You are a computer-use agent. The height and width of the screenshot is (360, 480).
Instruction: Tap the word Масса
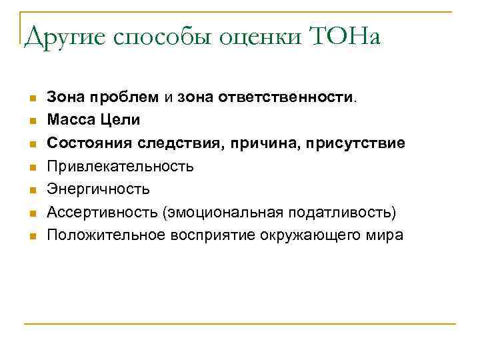click(69, 121)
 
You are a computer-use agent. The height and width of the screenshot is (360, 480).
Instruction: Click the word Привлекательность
click(121, 167)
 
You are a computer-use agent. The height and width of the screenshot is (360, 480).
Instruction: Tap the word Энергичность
click(99, 189)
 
